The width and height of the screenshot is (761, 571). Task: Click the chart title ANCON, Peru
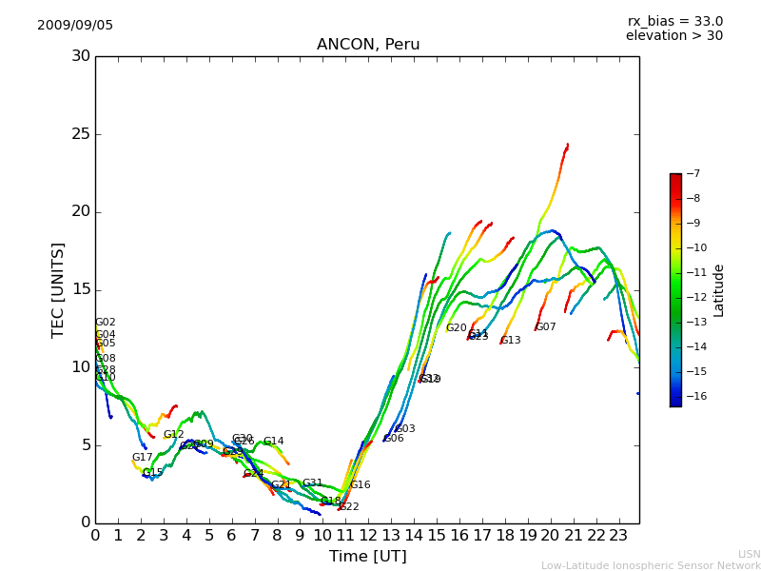(367, 45)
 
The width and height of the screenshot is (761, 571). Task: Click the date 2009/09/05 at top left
(75, 26)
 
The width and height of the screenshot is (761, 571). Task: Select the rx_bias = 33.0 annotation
(674, 21)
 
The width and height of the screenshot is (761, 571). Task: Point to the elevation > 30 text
(673, 36)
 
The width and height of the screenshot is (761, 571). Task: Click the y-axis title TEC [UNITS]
(59, 289)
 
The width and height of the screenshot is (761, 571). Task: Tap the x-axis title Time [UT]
(367, 557)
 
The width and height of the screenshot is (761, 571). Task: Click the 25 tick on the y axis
(81, 134)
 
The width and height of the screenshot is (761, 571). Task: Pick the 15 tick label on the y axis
(81, 289)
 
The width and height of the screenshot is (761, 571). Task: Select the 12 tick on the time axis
(367, 536)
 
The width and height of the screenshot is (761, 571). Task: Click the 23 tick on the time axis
(617, 536)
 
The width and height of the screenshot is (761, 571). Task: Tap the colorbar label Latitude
(719, 290)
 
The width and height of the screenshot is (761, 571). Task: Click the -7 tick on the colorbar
(692, 174)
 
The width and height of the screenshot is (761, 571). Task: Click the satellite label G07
(546, 327)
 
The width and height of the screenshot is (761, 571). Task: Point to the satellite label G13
(511, 341)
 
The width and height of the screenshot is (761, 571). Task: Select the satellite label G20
(457, 328)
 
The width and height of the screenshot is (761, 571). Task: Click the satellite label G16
(361, 485)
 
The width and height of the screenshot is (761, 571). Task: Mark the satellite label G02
(106, 323)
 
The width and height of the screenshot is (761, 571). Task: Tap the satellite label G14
(274, 442)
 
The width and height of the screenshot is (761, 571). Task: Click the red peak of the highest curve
(567, 146)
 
